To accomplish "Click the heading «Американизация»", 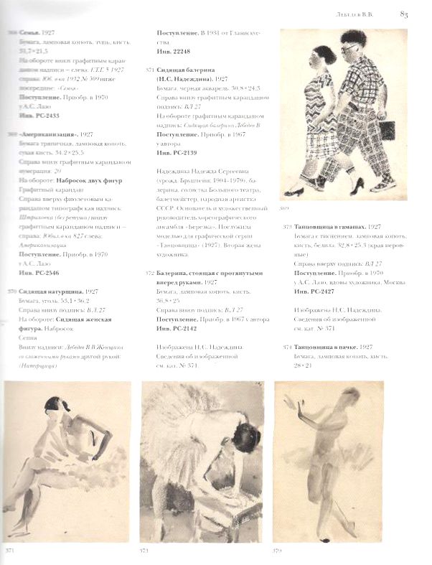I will pos(45,134).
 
